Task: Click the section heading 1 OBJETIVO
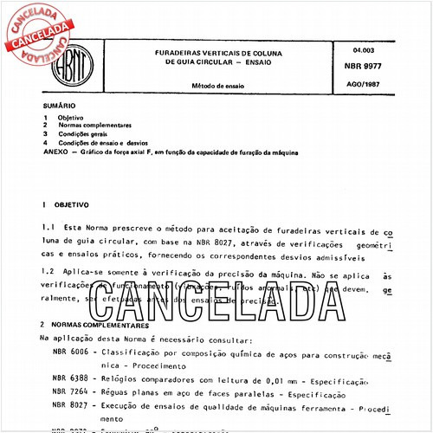pos(63,205)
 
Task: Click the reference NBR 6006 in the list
pos(70,352)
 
